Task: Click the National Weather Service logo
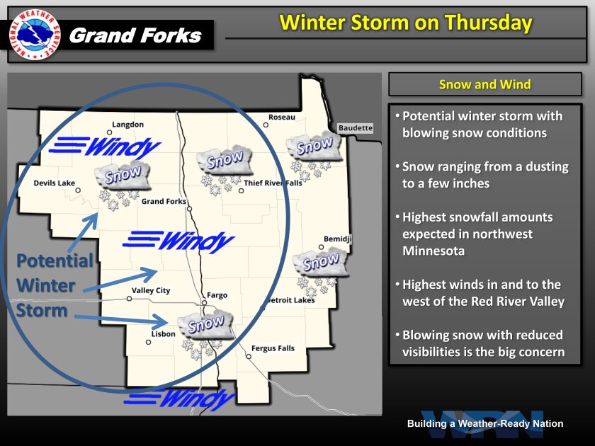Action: coord(35,35)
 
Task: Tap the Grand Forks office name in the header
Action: coord(135,35)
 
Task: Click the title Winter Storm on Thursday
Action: coord(406,23)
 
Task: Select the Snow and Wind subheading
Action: coord(484,84)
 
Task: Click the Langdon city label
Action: coord(128,125)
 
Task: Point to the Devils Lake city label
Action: coord(55,183)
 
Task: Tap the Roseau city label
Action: coord(282,118)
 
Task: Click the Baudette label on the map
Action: coord(355,128)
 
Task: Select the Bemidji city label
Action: coord(337,239)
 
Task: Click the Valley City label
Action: coord(151,291)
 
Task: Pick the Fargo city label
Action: coord(217,295)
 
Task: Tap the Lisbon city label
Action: coord(163,334)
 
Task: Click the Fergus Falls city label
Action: coord(273,348)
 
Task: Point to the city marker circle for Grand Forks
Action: coord(189,209)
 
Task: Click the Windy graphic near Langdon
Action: coord(105,147)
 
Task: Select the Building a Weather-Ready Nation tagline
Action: coord(485,423)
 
